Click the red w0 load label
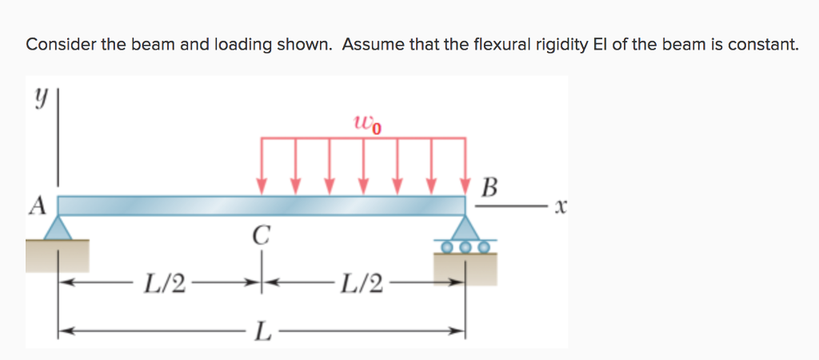click(367, 124)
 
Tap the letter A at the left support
click(36, 206)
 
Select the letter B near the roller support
click(490, 190)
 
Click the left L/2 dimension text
click(164, 282)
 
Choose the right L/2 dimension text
click(362, 282)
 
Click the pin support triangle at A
click(57, 230)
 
